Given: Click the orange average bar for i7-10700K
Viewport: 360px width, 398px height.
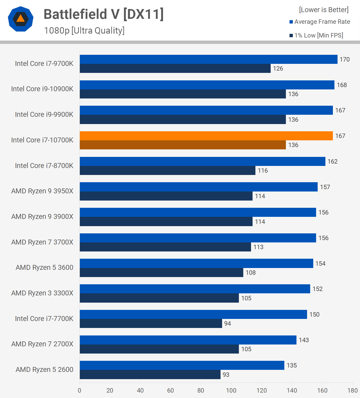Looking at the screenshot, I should pos(206,136).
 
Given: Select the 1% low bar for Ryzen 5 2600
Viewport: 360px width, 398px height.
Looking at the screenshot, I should pos(150,374).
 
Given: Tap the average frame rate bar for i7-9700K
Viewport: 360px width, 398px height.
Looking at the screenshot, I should pos(208,59).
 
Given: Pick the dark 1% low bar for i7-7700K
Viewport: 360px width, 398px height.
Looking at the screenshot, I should pos(151,324).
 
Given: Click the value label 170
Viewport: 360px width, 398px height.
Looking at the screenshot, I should pos(345,59).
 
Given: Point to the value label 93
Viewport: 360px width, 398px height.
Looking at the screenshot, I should pos(226,375).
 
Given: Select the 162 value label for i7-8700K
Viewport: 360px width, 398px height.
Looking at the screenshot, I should pos(332,162).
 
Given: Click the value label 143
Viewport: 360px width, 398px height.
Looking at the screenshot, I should pos(304,340).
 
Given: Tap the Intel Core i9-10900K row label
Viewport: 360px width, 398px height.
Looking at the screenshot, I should pos(42,89).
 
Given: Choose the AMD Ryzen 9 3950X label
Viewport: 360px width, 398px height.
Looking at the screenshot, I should pos(42,191).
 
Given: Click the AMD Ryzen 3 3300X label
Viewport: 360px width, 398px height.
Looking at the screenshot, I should pos(42,293).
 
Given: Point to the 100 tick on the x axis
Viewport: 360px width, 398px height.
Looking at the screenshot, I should pos(231,391).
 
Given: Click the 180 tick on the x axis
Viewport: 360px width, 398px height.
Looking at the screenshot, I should pos(353,391).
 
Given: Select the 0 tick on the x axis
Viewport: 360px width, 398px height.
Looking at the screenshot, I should pos(80,391).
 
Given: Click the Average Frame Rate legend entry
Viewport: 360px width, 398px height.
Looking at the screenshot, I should pos(320,22).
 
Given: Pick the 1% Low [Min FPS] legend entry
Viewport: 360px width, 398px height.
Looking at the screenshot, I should pos(316,35).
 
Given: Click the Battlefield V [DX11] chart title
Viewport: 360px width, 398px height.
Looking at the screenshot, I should pos(104,14).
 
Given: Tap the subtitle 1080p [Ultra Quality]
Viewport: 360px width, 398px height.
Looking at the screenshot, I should pos(84,30).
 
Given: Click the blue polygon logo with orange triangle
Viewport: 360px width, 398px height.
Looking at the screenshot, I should pos(21,19).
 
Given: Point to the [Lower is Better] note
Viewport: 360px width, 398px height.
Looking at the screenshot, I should pos(324,10).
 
